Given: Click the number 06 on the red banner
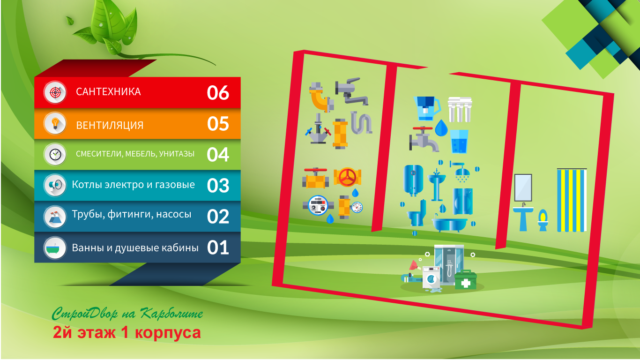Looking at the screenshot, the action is [218, 93].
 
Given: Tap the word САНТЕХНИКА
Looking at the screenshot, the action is [108, 92].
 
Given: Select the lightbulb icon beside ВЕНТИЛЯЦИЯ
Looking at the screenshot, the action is [55, 124].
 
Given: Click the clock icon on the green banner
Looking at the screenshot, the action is [55, 154].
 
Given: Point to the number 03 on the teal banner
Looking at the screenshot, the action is [218, 186].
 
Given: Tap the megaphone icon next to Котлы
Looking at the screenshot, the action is [55, 185].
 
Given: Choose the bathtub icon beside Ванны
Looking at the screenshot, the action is [55, 247].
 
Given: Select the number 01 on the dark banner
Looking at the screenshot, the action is [218, 247].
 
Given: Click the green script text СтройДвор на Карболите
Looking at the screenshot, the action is [127, 314].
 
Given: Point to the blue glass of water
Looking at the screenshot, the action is [459, 142].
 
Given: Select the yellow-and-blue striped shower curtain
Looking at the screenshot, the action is [572, 200].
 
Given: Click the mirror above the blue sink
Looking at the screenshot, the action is [523, 187].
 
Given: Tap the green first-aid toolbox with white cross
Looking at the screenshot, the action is [465, 280].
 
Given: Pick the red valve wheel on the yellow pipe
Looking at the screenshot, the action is [348, 177].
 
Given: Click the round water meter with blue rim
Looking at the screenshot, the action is [318, 205].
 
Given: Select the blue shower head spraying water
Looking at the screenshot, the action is [461, 172].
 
